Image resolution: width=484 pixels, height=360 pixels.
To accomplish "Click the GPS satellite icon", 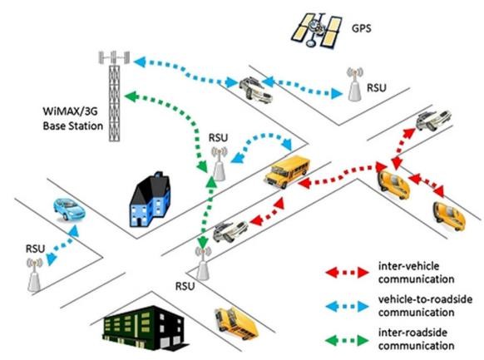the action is (316, 30).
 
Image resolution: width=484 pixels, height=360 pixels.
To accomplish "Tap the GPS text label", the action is (362, 29).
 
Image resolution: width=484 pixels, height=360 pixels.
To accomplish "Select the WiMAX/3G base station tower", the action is (114, 96).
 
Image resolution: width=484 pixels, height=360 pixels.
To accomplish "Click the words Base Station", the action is (73, 126).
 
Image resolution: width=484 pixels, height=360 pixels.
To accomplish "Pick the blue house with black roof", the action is (151, 200).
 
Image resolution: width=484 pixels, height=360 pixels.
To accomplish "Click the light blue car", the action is (69, 210).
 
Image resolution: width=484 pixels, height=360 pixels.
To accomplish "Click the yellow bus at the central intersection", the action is (287, 171).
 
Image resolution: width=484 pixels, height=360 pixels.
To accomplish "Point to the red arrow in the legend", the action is (348, 273).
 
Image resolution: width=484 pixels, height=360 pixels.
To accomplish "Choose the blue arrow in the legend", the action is (348, 306).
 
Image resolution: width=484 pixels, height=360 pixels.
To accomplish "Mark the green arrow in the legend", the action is (348, 340).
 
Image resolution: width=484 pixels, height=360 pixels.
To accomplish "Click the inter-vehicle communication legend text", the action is (416, 273).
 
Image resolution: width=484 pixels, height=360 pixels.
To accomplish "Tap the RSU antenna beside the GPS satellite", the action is (355, 84).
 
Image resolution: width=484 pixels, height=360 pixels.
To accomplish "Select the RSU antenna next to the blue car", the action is (34, 275).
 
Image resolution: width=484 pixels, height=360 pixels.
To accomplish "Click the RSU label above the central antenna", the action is (218, 138).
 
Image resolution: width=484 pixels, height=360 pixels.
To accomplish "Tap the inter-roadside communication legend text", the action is (416, 339).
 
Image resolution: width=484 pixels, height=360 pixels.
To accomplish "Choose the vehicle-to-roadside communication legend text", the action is (425, 306).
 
